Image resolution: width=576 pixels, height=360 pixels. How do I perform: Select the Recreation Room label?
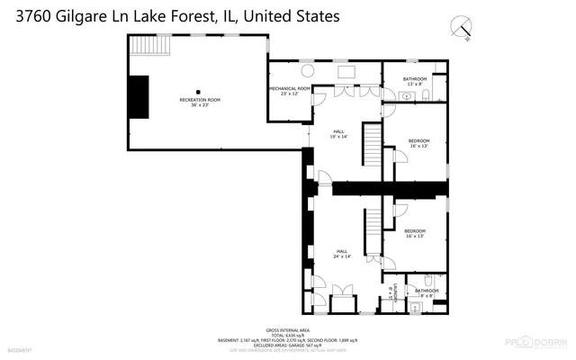pyautogui.click(x=200, y=102)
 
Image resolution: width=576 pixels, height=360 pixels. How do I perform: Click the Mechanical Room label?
pyautogui.click(x=289, y=90)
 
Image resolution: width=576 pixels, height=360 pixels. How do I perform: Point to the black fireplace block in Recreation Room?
pyautogui.click(x=139, y=96)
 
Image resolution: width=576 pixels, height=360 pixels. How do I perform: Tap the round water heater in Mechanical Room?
pyautogui.click(x=308, y=71)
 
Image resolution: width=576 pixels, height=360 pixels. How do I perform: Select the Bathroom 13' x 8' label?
pyautogui.click(x=415, y=81)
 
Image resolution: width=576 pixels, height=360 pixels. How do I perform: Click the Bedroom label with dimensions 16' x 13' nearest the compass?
pyautogui.click(x=419, y=143)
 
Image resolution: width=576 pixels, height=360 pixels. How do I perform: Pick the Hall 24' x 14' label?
pyautogui.click(x=342, y=254)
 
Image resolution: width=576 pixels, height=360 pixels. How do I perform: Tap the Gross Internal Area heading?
pyautogui.click(x=288, y=329)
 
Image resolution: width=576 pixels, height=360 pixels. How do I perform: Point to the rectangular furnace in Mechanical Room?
pyautogui.click(x=346, y=71)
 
